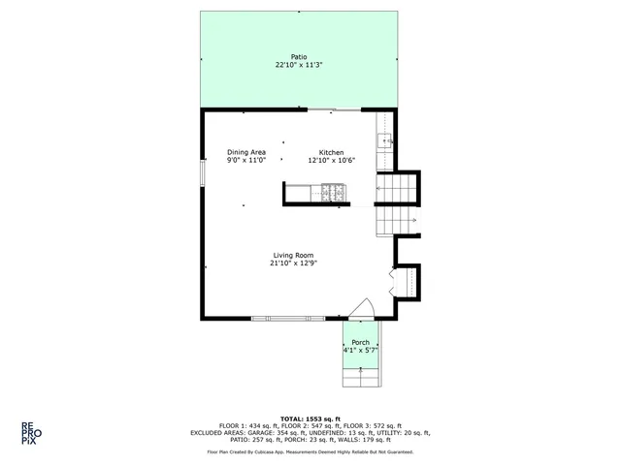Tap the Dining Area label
246,152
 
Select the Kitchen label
332,152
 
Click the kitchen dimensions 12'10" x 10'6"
332,161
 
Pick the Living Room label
293,255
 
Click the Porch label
360,343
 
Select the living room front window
288,318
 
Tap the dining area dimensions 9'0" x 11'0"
246,161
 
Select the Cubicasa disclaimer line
310,451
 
